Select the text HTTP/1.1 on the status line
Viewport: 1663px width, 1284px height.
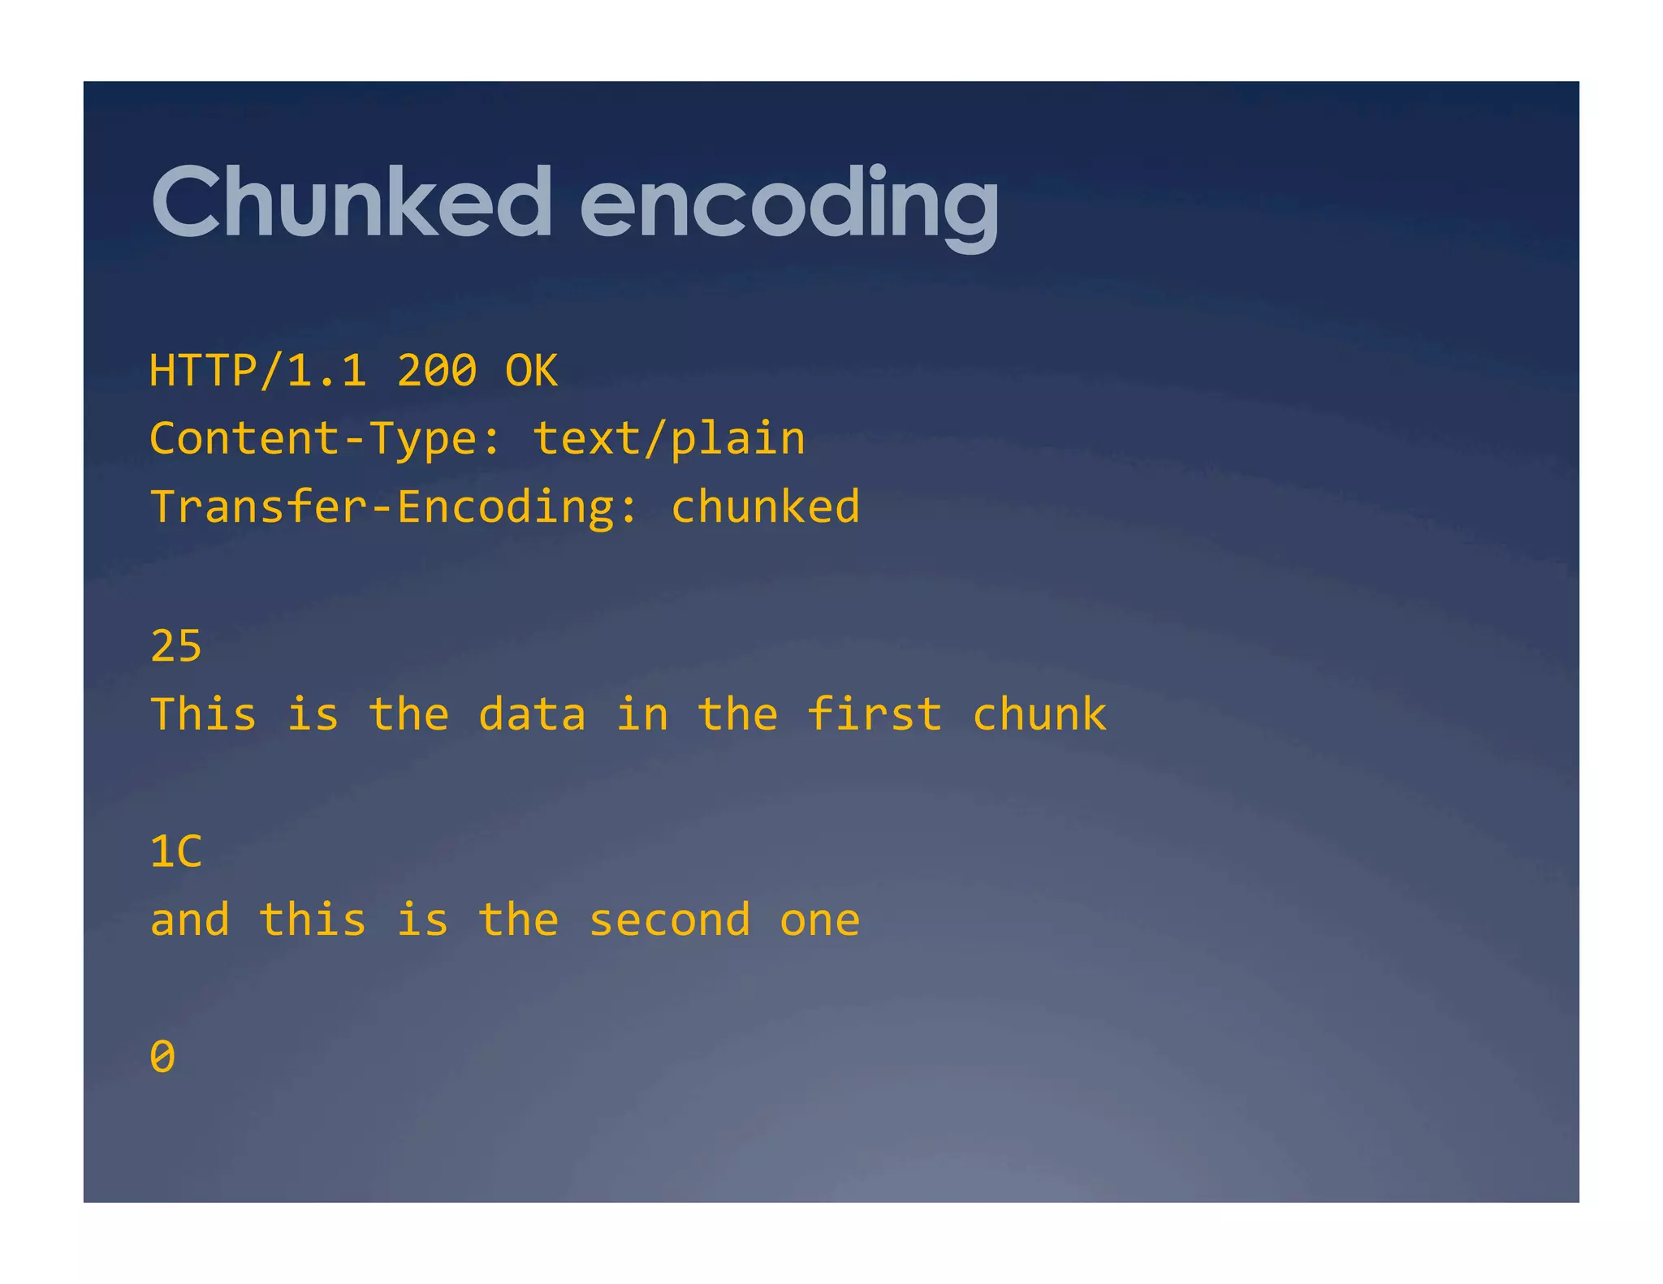[258, 371]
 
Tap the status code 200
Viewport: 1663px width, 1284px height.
[437, 371]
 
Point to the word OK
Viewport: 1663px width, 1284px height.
[531, 371]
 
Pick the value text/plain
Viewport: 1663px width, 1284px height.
[669, 439]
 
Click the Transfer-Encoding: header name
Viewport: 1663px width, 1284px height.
[395, 507]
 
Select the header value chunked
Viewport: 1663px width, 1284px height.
[765, 507]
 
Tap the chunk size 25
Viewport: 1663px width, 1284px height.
[176, 647]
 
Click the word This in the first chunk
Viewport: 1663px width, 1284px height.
[204, 715]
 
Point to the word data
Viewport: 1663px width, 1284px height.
[532, 715]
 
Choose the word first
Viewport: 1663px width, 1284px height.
[875, 715]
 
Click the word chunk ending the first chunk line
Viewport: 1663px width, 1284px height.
[1039, 715]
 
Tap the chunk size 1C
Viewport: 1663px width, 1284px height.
[176, 852]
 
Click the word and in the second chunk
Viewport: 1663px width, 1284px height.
[190, 920]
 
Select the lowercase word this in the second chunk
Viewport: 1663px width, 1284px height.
[313, 920]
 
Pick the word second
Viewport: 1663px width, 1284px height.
[669, 920]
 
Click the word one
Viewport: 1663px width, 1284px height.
[820, 920]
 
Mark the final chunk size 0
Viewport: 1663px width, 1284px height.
[162, 1057]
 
